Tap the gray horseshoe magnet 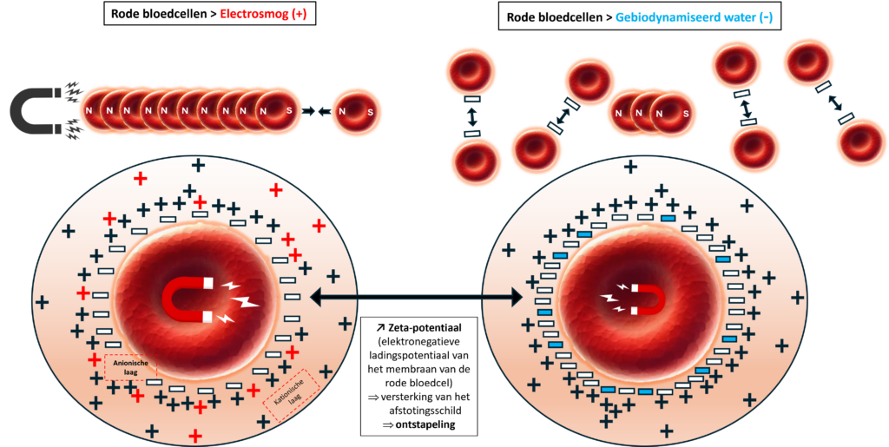[35, 111]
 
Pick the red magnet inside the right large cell [648, 299]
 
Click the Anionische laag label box [130, 367]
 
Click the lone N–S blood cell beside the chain [356, 112]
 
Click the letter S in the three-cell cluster [685, 114]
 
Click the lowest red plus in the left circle [196, 435]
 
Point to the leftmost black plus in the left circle [41, 302]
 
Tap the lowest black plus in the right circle [666, 431]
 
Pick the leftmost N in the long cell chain [88, 112]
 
